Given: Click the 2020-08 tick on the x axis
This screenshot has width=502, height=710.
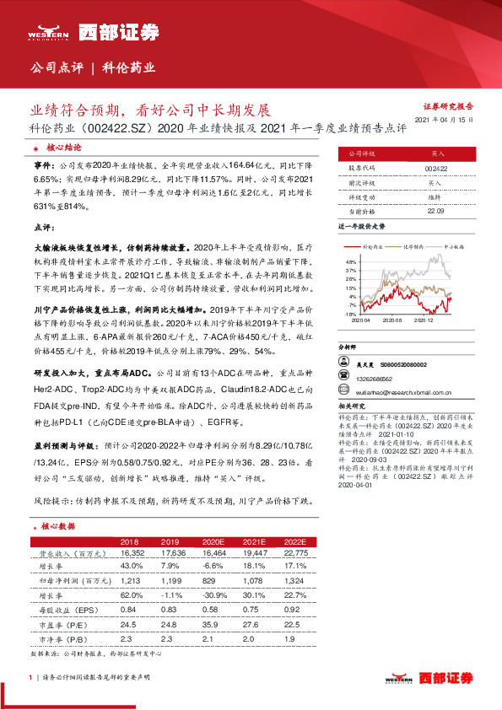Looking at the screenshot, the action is (x=391, y=320).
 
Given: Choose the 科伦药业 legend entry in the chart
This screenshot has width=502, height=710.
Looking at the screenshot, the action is (x=371, y=245).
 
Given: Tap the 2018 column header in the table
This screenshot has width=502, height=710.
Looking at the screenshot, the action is (x=130, y=541).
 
